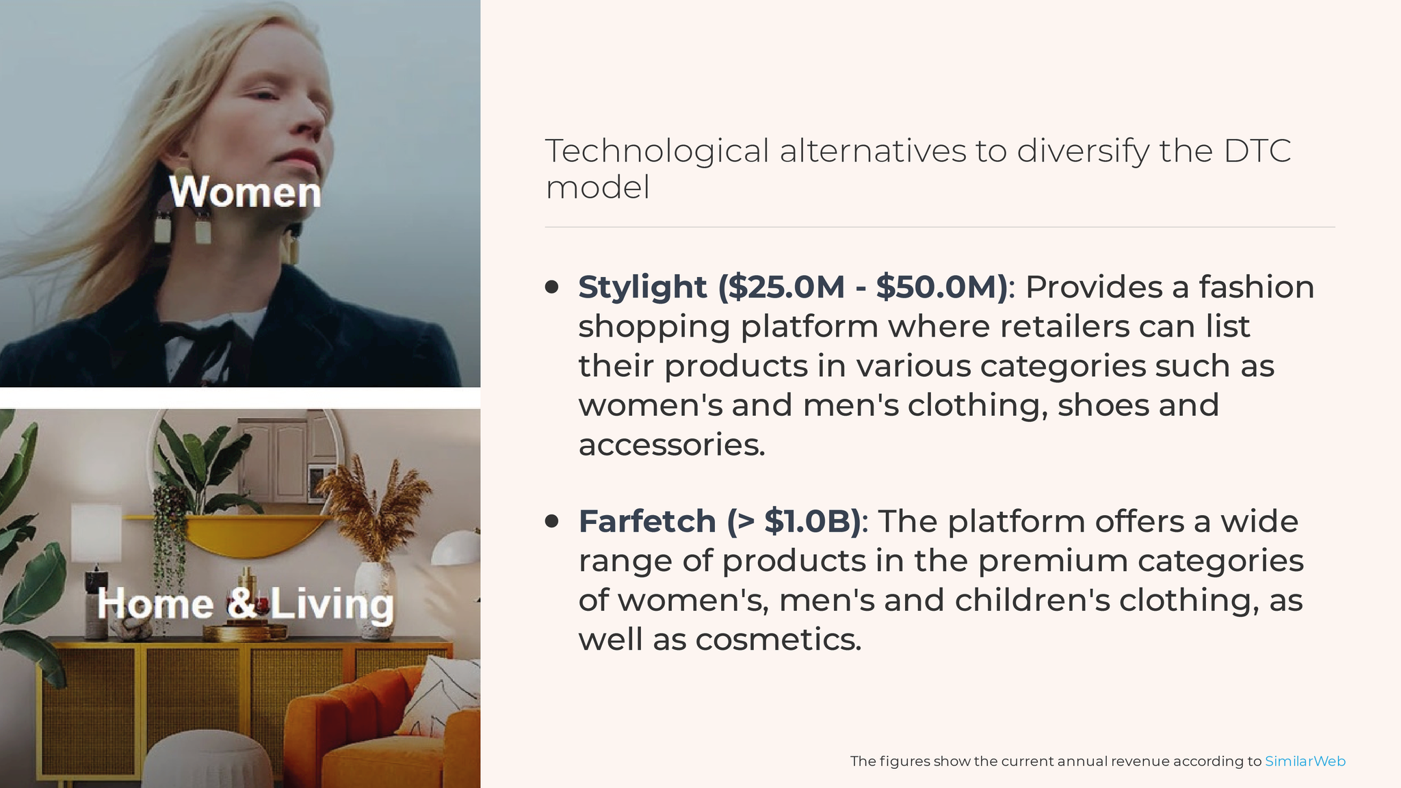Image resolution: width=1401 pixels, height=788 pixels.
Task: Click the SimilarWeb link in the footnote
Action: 1305,761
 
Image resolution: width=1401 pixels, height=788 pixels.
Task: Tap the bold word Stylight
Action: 642,288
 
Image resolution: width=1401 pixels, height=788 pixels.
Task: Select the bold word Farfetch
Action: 647,522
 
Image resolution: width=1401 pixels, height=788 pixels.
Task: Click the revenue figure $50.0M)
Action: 942,287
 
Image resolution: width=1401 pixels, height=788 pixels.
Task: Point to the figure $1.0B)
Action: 813,522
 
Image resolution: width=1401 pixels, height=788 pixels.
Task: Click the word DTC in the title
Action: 1257,151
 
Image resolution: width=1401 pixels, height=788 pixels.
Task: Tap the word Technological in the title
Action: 657,152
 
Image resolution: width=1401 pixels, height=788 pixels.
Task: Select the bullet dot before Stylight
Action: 552,287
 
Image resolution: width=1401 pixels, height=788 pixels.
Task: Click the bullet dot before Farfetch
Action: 552,522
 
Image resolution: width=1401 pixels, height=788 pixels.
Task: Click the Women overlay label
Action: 245,192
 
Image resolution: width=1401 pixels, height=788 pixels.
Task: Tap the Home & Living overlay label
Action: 246,604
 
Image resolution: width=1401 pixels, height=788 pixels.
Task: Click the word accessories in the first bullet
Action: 672,445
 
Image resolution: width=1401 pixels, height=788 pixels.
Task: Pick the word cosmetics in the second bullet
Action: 778,640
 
